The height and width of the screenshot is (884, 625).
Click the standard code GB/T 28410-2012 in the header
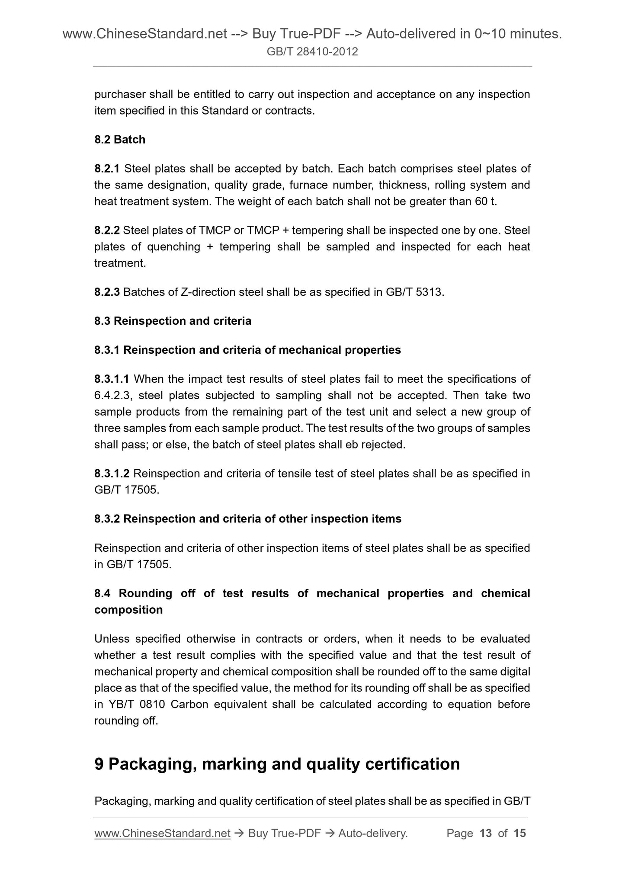click(x=312, y=52)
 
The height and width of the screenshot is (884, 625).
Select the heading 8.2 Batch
click(x=120, y=140)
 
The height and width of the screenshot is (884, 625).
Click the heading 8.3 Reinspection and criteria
click(x=173, y=321)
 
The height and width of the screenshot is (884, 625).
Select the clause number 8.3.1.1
click(x=112, y=379)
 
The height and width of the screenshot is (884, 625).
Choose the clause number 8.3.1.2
click(x=112, y=474)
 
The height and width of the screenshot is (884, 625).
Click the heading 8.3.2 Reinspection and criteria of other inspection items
click(x=248, y=519)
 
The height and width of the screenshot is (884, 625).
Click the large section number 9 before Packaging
click(x=99, y=764)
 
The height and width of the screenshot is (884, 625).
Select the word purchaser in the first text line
click(x=119, y=94)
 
